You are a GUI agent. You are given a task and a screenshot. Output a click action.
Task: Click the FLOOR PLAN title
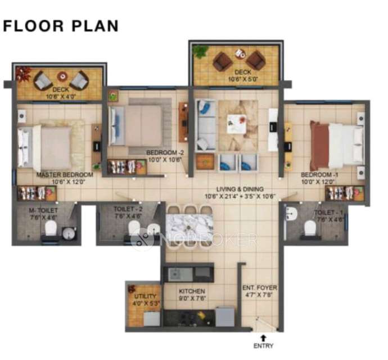[x=61, y=26]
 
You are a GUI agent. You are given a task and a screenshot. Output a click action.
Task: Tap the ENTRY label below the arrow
[x=263, y=345]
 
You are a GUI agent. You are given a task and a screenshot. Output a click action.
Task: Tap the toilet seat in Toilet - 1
[x=309, y=228]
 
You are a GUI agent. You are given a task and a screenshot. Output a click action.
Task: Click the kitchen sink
[x=176, y=274]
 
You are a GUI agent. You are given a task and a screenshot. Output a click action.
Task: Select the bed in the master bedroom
[x=45, y=147]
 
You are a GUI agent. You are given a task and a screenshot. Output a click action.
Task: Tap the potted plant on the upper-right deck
[x=200, y=51]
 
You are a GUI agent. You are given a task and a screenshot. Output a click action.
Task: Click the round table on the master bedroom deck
[x=61, y=77]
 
